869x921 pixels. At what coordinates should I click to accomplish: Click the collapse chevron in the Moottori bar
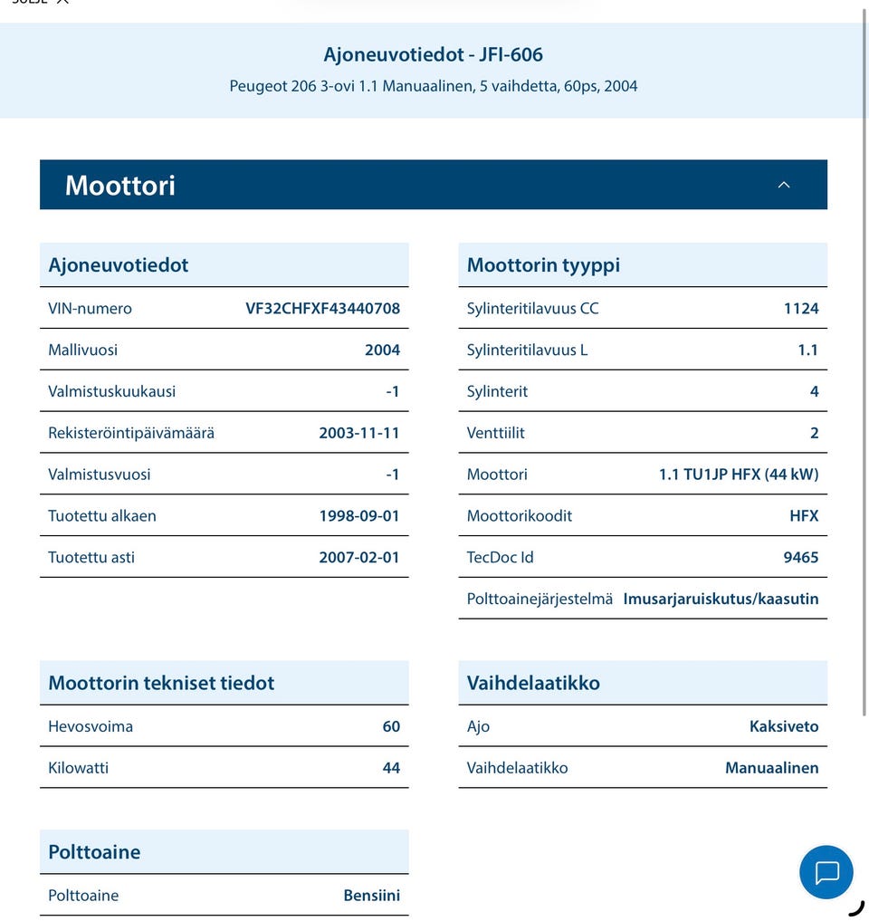click(784, 185)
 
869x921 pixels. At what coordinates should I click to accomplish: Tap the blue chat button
click(826, 872)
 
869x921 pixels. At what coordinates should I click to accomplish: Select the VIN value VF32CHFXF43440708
click(322, 308)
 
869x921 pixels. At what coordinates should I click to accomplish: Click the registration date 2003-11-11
click(358, 433)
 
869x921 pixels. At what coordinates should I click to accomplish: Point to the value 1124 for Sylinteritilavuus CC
click(800, 308)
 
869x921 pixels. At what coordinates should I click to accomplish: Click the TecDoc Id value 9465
click(800, 557)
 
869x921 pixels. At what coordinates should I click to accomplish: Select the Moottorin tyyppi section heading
click(543, 265)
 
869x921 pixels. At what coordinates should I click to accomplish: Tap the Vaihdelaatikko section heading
click(533, 683)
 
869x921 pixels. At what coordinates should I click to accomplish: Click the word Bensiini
click(371, 896)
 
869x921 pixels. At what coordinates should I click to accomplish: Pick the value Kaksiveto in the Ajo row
click(783, 726)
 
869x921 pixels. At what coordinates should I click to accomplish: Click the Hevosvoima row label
click(91, 726)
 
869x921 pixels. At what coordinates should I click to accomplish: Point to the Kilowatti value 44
click(391, 768)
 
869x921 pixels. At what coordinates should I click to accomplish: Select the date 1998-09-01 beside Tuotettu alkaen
click(358, 515)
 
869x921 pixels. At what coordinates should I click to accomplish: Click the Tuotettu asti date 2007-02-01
click(358, 557)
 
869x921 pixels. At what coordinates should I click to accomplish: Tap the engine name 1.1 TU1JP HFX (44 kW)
click(738, 475)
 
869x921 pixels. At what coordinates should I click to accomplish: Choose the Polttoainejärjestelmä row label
click(540, 599)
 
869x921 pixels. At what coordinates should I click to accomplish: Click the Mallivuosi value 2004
click(382, 350)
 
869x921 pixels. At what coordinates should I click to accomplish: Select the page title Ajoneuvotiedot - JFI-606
click(434, 54)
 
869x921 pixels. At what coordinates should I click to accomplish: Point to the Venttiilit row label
click(495, 433)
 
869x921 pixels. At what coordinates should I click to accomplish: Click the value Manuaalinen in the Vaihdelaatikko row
click(771, 768)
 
